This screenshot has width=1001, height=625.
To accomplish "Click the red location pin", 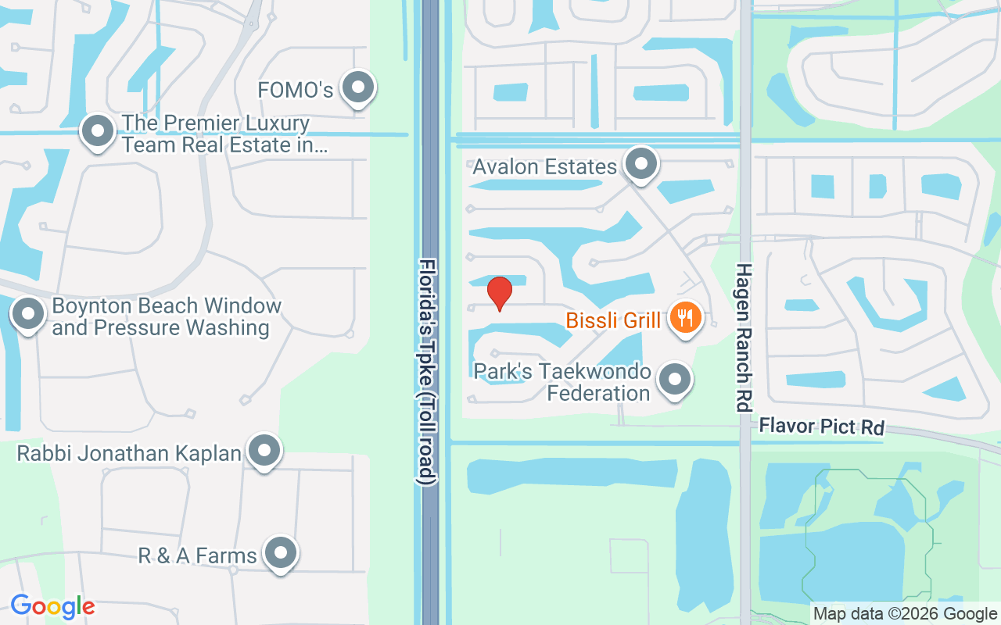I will click(x=500, y=293).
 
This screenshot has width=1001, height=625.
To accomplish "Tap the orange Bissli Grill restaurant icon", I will click(x=684, y=318).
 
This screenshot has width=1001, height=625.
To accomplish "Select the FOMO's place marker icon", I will click(x=359, y=88).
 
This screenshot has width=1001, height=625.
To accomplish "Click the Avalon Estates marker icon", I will click(x=641, y=164).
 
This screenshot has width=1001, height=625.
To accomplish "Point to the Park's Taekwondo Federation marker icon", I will click(x=674, y=380).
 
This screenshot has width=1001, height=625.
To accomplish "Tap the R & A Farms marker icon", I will click(x=280, y=554).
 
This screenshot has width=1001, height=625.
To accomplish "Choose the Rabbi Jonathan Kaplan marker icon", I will click(x=264, y=451).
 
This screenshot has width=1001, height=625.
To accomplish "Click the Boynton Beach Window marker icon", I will click(x=29, y=315).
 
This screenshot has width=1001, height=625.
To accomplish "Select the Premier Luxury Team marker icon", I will click(x=98, y=132).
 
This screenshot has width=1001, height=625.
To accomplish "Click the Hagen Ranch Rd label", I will click(x=743, y=336).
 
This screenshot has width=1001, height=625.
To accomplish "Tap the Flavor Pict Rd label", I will click(x=822, y=427).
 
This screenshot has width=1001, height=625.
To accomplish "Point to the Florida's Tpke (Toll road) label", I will click(x=427, y=372).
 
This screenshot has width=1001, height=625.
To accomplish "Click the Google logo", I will click(x=52, y=605).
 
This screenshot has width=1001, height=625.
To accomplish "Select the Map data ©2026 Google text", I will click(x=905, y=614).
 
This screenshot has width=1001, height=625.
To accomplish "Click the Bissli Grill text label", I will click(x=612, y=320).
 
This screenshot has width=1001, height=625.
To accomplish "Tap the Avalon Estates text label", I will click(x=544, y=166).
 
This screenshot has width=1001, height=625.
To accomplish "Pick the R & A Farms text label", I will click(x=197, y=555).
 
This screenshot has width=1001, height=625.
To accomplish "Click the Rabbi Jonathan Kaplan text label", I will click(x=129, y=453).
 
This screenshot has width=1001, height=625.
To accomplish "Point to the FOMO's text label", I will click(x=296, y=91).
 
